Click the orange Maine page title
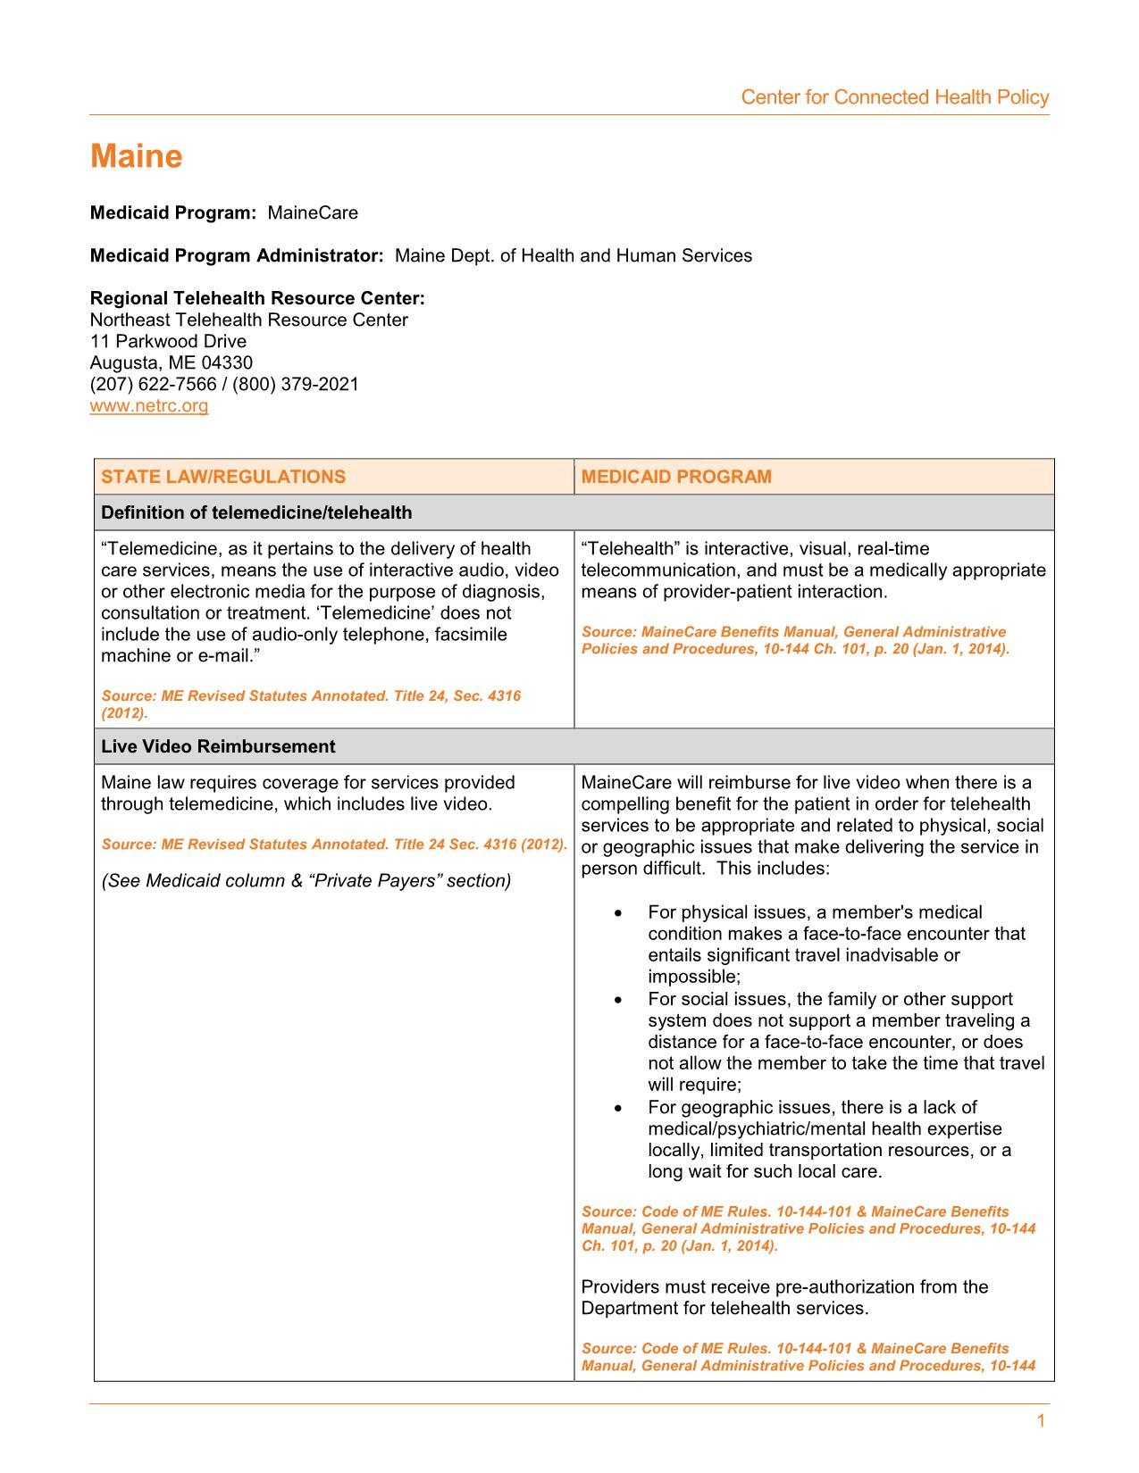pos(136,157)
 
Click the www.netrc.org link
pos(149,406)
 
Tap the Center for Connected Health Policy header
pos(894,97)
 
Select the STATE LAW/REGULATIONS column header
pos(222,477)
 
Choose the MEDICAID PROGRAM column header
pos(676,477)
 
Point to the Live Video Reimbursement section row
pos(218,746)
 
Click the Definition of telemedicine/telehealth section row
pos(256,512)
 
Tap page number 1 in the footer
pos(1041,1421)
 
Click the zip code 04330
pos(227,363)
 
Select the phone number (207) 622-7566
pos(153,385)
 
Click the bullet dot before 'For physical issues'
pos(618,913)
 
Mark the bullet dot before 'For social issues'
pos(618,1000)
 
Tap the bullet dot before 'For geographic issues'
pos(618,1108)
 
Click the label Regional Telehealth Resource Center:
pos(257,298)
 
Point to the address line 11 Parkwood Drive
pos(168,342)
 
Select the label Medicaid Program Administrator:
pos(237,256)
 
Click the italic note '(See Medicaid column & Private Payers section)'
pos(306,881)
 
